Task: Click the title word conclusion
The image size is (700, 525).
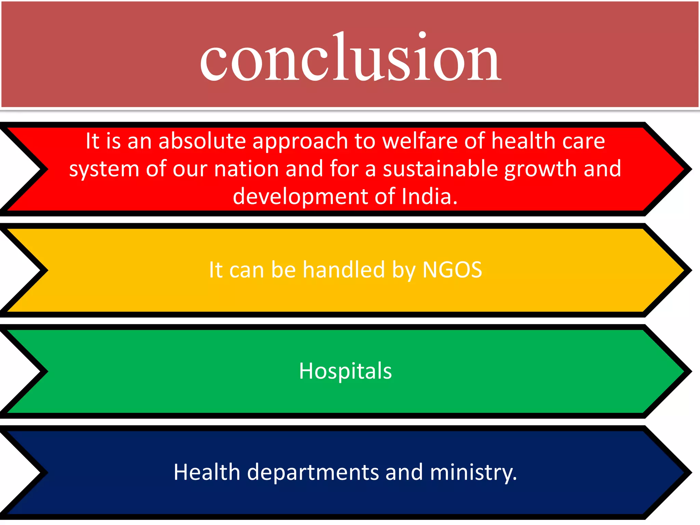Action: pos(350,58)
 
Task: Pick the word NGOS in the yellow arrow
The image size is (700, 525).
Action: pos(452,270)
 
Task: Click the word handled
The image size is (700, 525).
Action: pos(344,270)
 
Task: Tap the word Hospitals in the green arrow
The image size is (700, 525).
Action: pos(345,371)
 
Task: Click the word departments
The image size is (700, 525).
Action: pos(312,473)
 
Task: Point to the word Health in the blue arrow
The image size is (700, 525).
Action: pos(207,472)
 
